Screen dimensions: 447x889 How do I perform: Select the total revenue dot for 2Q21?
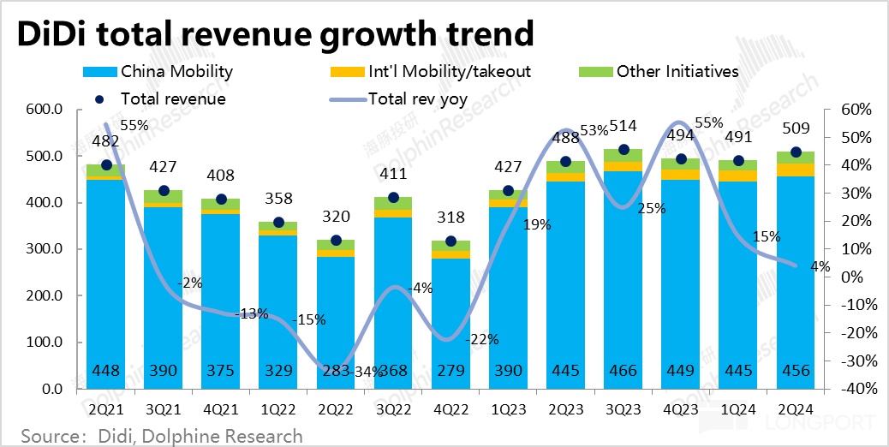click(106, 164)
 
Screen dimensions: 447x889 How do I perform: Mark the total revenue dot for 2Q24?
click(796, 152)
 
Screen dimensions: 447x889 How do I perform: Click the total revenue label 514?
click(623, 126)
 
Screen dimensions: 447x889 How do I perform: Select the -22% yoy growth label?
click(482, 340)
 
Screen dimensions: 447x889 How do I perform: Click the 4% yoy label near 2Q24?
click(820, 266)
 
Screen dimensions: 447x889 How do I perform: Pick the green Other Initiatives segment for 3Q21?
click(163, 196)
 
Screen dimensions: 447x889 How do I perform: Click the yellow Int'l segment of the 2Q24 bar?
click(796, 170)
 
